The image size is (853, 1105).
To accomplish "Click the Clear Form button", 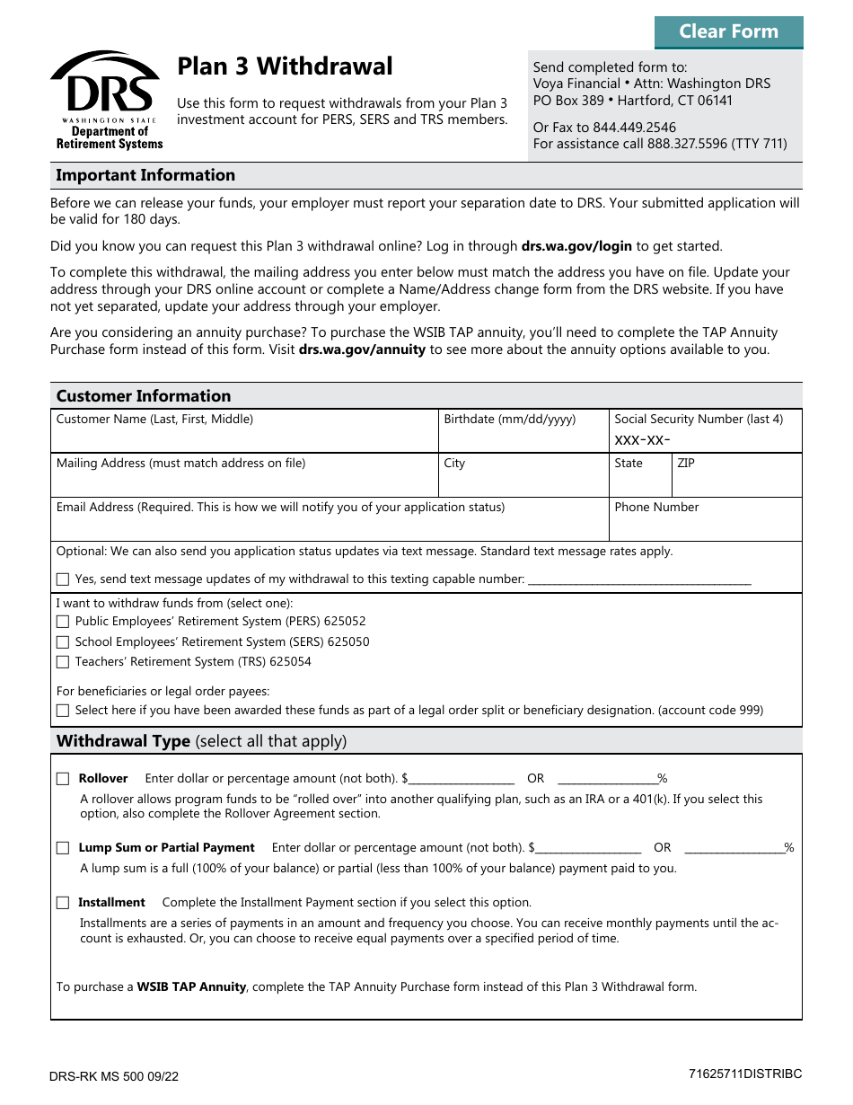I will coord(728,31).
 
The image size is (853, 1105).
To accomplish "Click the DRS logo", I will coord(106,100).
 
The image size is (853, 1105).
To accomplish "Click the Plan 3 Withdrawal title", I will coord(285,66).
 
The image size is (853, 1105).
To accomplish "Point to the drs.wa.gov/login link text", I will coord(576,246).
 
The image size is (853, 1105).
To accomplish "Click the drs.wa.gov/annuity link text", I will coord(362,349).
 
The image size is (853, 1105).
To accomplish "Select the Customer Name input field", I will coord(244,438).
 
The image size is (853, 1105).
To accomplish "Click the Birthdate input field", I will coord(523,438).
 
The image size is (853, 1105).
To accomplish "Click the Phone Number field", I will coord(705,526).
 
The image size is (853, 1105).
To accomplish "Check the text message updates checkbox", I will coord(63,579).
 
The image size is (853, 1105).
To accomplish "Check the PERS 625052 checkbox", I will coord(63,622).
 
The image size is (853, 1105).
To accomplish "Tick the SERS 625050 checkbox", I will coord(63,642).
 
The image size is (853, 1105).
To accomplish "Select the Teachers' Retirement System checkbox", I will coord(63,662).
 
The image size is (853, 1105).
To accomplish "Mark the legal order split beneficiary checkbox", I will coord(63,711).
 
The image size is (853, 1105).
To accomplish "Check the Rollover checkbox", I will coord(63,779).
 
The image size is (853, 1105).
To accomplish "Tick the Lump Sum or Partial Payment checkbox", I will coord(63,848).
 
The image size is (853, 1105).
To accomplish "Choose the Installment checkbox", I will coord(63,903).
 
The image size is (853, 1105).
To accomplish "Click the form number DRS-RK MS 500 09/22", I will coord(114,1076).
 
